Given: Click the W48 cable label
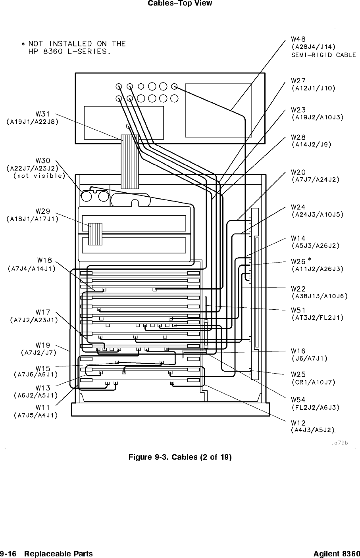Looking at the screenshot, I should tap(298, 39).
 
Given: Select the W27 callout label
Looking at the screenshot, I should tap(298, 81).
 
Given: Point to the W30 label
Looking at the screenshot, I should tap(43, 161).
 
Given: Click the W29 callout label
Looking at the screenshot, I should tap(43, 211).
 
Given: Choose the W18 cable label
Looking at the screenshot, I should tap(44, 261).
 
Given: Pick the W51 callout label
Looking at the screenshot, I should tap(298, 310).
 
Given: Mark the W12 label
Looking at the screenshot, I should tap(298, 423).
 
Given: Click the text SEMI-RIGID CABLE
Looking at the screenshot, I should tap(324, 55).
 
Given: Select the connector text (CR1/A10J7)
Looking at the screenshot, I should tap(314, 382).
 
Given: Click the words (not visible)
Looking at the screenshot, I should tap(39, 176).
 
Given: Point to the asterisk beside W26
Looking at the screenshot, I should tap(309, 259).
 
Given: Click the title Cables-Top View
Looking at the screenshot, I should tap(180, 4).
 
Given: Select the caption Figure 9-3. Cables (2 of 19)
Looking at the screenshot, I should tap(180, 457).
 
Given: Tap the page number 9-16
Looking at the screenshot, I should tap(8, 554).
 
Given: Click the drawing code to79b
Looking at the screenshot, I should tap(340, 443).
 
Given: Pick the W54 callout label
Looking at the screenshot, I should tap(298, 399).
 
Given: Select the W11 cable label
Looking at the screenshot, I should tap(43, 407).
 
